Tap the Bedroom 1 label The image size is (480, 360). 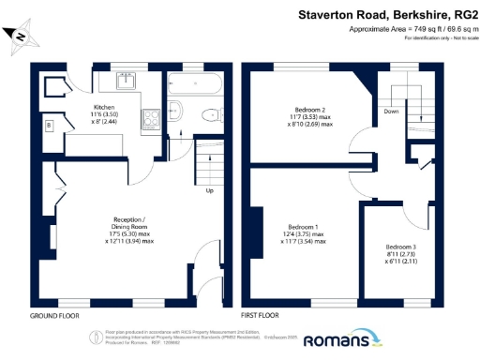[303, 228]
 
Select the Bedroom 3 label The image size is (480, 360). [400, 247]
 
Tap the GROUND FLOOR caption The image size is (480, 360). [52, 315]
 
